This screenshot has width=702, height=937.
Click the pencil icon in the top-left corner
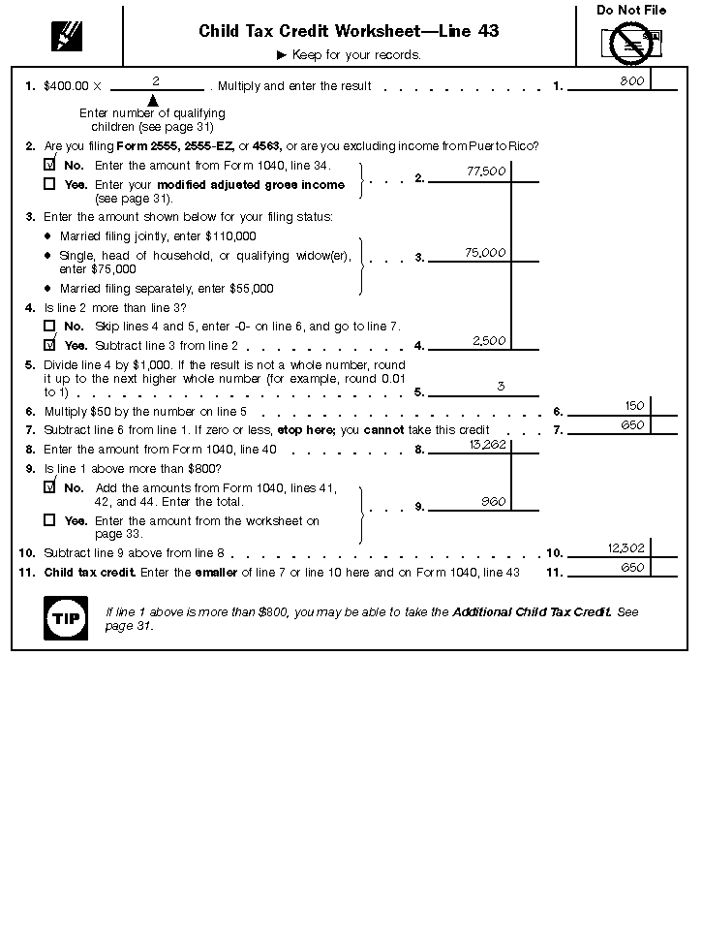click(67, 36)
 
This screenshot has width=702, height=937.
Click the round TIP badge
click(66, 618)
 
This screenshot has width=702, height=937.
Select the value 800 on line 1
click(632, 81)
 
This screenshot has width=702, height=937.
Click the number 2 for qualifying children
click(155, 81)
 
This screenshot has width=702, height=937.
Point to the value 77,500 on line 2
click(486, 172)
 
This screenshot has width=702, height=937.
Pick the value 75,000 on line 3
click(485, 253)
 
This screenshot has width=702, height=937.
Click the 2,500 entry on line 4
click(490, 341)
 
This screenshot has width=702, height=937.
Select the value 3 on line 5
click(501, 387)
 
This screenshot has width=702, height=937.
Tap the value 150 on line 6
click(634, 406)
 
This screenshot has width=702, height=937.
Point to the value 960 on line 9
click(494, 502)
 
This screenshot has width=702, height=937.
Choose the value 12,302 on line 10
click(626, 548)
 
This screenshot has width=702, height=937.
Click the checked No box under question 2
click(50, 166)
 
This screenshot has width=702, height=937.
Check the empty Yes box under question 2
click(50, 184)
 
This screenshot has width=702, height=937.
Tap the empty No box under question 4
click(50, 327)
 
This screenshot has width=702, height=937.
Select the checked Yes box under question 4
click(50, 345)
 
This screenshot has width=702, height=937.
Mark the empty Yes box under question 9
click(50, 520)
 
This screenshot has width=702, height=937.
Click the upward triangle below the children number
click(153, 100)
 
